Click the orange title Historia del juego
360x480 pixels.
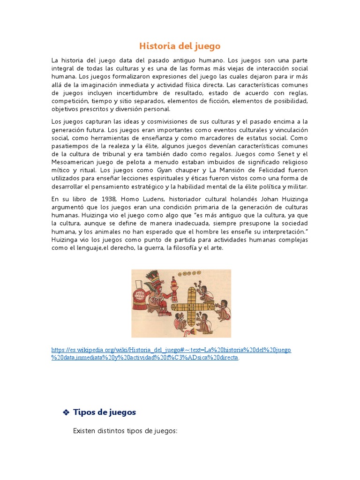180,46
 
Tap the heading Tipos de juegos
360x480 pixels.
105,412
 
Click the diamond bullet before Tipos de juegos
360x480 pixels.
66,412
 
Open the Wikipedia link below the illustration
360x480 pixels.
171,350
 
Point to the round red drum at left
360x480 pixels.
139,296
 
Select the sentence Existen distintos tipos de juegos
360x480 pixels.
126,431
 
